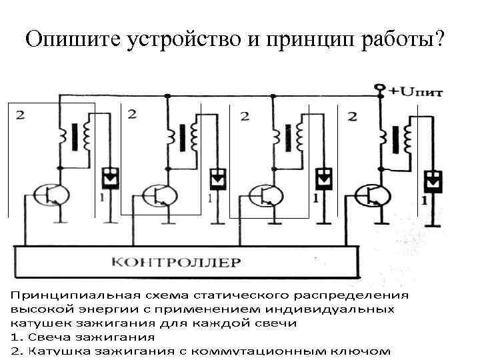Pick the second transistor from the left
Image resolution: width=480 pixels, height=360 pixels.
click(x=157, y=194)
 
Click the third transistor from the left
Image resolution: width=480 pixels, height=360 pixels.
click(x=264, y=194)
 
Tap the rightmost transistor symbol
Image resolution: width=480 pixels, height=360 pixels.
click(x=371, y=195)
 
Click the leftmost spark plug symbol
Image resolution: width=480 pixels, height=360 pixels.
click(x=109, y=177)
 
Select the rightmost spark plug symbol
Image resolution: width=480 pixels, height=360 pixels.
click(x=434, y=180)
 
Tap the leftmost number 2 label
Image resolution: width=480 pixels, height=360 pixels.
click(x=21, y=115)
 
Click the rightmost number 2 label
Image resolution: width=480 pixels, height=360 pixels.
click(x=352, y=116)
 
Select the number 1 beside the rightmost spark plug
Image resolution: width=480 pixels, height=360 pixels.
click(x=425, y=199)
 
